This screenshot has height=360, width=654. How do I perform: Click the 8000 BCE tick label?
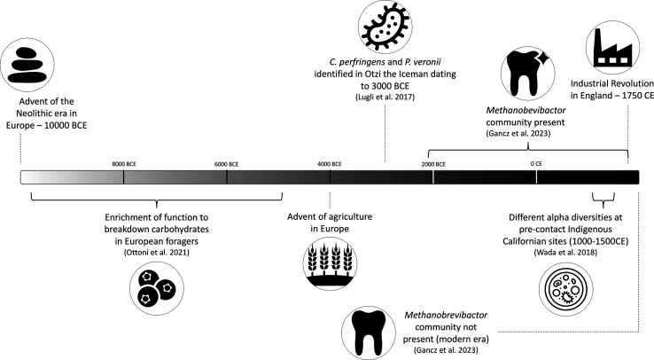click(124, 164)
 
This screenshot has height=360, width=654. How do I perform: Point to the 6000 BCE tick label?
click(227, 164)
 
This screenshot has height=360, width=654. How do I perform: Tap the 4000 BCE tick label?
click(330, 164)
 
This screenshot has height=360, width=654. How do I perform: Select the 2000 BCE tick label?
click(433, 164)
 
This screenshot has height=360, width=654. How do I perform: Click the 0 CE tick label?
click(536, 164)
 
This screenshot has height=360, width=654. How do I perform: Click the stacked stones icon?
click(27, 65)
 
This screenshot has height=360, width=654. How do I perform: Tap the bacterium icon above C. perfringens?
click(385, 27)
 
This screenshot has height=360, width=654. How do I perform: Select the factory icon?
click(612, 48)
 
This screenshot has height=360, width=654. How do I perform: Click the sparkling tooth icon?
click(527, 74)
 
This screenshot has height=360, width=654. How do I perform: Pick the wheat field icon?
click(330, 263)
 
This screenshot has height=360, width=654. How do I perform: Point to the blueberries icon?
click(156, 288)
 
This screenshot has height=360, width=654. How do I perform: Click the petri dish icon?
click(565, 289)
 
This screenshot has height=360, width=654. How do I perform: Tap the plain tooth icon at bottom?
click(369, 333)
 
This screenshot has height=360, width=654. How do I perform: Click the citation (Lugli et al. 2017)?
click(385, 98)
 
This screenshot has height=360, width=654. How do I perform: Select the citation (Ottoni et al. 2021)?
click(156, 252)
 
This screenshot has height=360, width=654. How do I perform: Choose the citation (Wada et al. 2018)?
click(565, 252)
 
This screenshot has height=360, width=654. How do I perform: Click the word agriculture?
click(350, 217)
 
